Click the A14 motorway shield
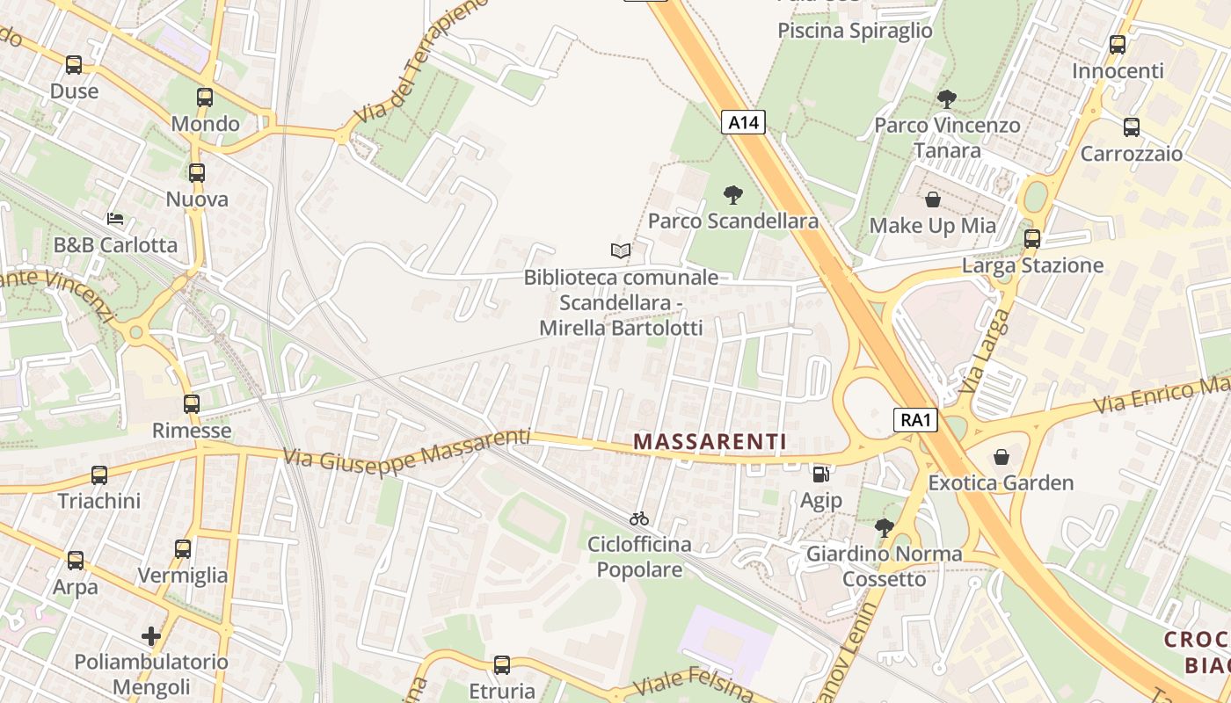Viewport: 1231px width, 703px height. pyautogui.click(x=743, y=122)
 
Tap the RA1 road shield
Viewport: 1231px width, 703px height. pyautogui.click(x=915, y=420)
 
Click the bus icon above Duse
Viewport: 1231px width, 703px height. pyautogui.click(x=74, y=64)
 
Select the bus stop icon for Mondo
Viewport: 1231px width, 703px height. pyautogui.click(x=205, y=98)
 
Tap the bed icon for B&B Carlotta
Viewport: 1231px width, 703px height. pyautogui.click(x=115, y=218)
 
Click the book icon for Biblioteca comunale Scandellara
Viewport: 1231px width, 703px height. pyautogui.click(x=621, y=251)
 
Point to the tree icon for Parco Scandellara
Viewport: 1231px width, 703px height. pyautogui.click(x=732, y=195)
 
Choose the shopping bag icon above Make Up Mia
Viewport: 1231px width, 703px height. pyautogui.click(x=933, y=199)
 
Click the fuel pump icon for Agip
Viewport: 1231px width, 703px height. pyautogui.click(x=821, y=475)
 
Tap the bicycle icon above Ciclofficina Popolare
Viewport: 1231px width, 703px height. pyautogui.click(x=639, y=518)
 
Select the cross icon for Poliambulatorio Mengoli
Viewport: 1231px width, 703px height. pyautogui.click(x=151, y=635)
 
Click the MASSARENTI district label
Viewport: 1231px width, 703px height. pyautogui.click(x=710, y=442)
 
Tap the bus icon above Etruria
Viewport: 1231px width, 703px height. pyautogui.click(x=502, y=664)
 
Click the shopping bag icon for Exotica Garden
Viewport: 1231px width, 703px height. pyautogui.click(x=1002, y=457)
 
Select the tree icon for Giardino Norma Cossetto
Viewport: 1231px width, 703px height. pyautogui.click(x=885, y=528)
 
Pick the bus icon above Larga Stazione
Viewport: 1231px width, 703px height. pyautogui.click(x=1032, y=238)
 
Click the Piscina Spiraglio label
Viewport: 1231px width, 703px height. pyautogui.click(x=855, y=31)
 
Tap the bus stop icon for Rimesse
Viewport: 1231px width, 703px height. pyautogui.click(x=192, y=404)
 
